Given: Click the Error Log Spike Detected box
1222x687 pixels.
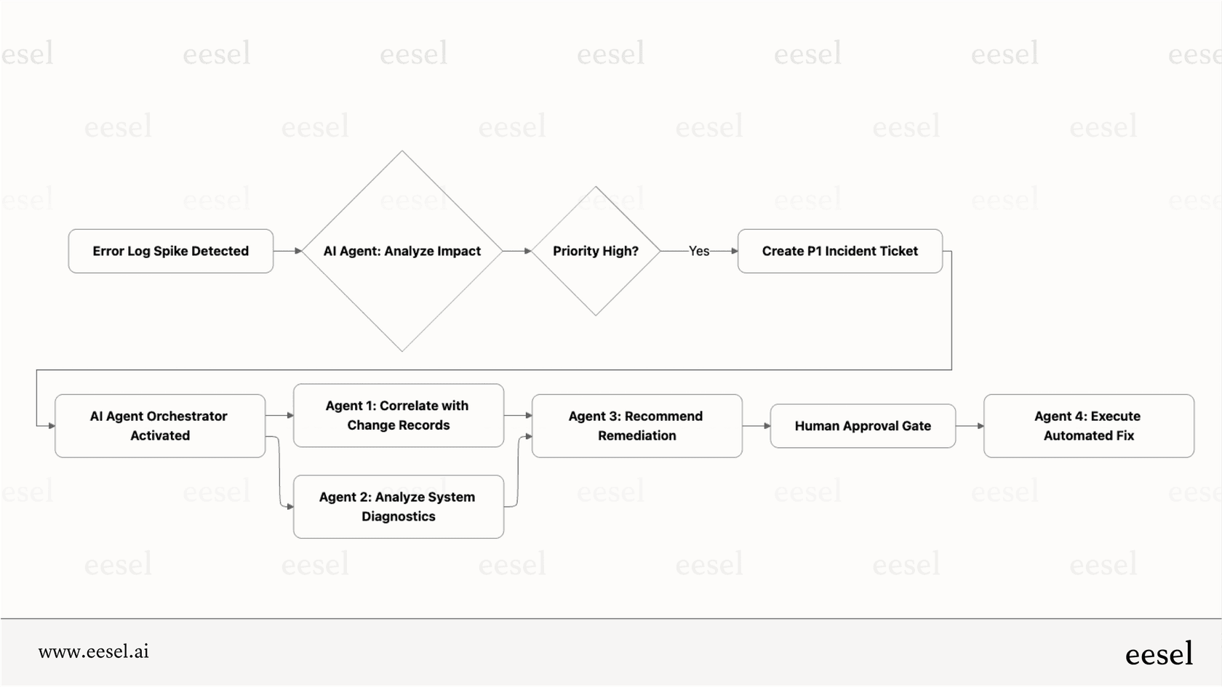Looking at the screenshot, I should (170, 251).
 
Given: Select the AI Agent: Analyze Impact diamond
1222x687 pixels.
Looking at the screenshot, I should (402, 251).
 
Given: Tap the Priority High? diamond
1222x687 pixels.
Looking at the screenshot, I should (595, 251).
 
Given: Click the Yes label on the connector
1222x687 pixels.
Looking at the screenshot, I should (698, 251).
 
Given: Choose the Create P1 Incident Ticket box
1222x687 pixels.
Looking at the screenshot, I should (839, 251).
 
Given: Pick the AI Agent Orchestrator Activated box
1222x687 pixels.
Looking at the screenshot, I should (159, 425).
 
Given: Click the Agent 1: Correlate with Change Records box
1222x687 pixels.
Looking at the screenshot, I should (398, 415).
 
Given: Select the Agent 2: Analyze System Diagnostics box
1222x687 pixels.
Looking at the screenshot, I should (398, 507).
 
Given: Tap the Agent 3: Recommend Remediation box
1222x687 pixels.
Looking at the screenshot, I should (636, 425).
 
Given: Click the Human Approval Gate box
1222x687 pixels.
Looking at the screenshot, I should (862, 426).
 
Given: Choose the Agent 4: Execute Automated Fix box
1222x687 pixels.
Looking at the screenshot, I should (1088, 425).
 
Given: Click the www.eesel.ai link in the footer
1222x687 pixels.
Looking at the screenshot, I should (93, 651).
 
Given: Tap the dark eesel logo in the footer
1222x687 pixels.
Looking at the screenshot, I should (1158, 654).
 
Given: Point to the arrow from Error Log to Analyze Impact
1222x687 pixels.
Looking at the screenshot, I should (288, 251).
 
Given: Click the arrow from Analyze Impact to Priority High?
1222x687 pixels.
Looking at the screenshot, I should (517, 251).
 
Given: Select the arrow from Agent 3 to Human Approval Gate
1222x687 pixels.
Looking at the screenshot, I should (756, 426).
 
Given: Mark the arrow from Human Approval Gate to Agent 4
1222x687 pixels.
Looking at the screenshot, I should (970, 426).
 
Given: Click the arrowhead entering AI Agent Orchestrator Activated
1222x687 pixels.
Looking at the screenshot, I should (51, 426).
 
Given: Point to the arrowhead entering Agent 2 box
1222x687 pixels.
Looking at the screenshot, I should (289, 507).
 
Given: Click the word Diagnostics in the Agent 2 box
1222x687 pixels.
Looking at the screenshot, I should (398, 517).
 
